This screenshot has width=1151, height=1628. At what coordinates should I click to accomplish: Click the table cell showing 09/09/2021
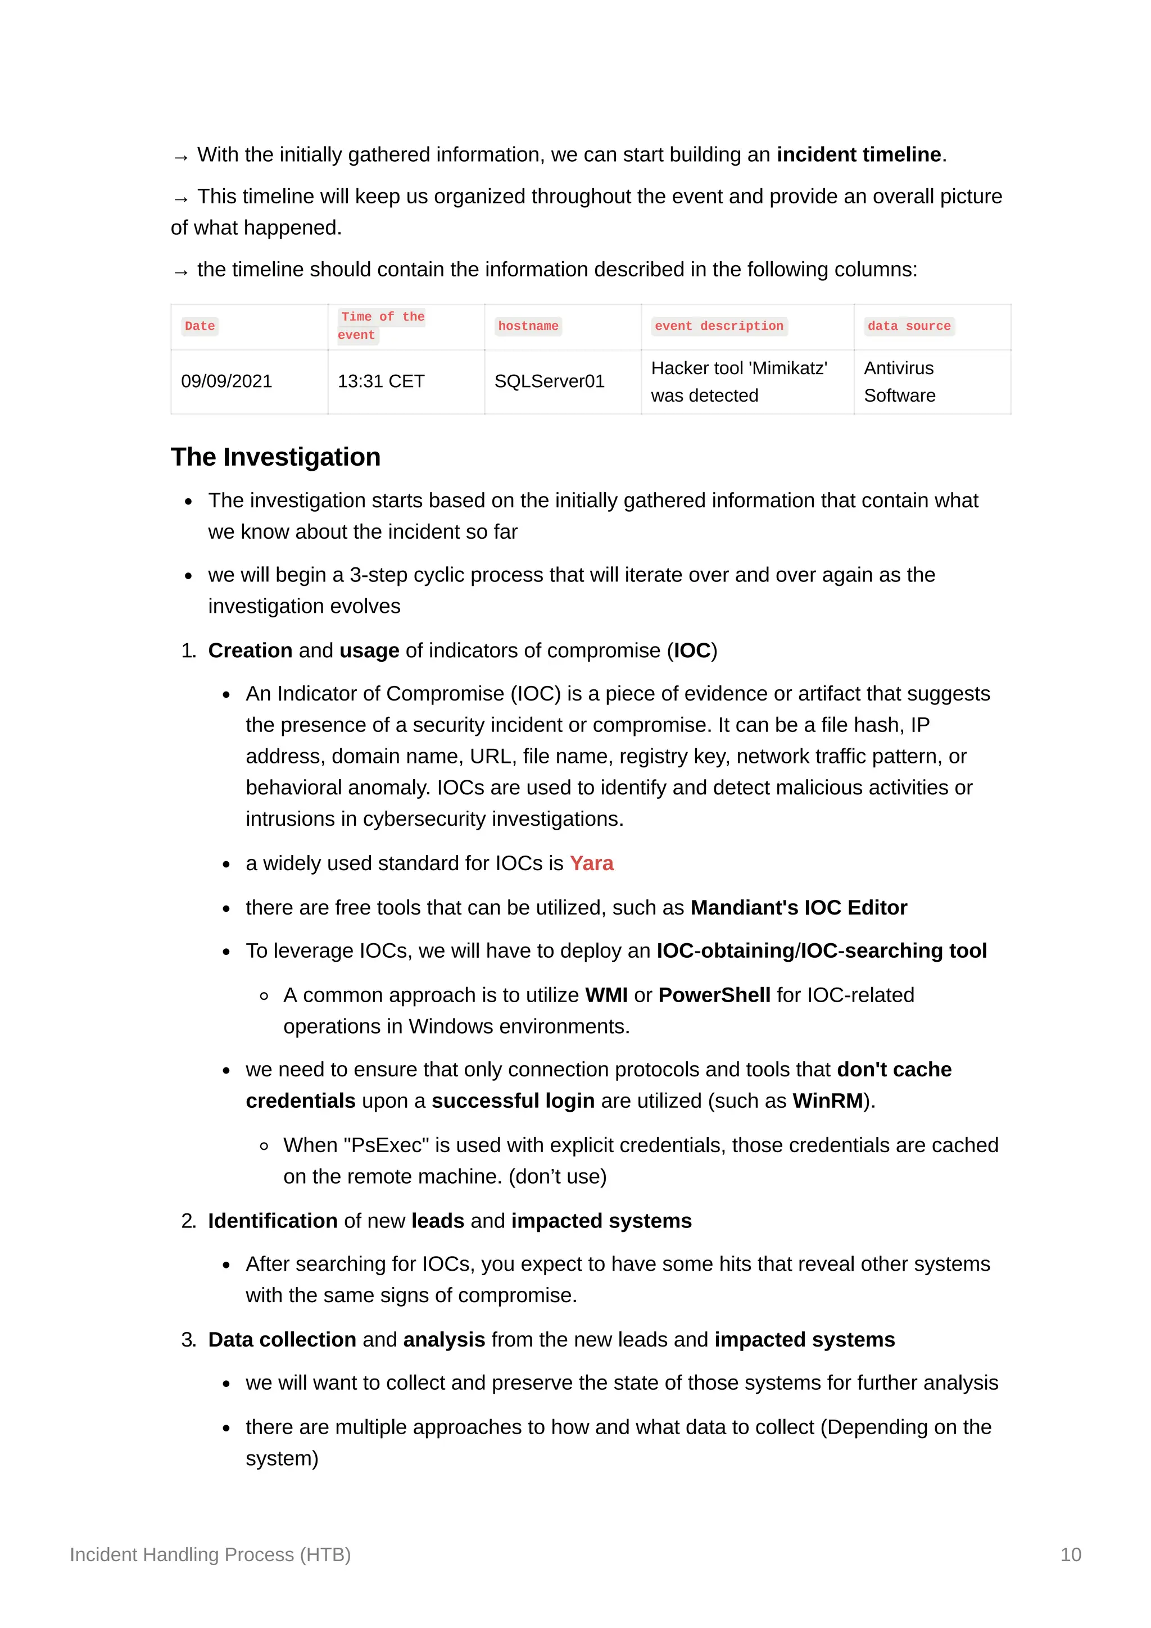click(226, 381)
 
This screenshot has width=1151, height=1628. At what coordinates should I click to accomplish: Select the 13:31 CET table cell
click(381, 381)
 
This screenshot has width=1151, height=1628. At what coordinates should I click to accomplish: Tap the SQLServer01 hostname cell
click(549, 381)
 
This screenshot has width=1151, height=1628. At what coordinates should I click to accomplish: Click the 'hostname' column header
click(528, 326)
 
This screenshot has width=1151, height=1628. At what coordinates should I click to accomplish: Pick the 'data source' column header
click(908, 326)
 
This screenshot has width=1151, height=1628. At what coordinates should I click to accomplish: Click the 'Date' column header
click(200, 326)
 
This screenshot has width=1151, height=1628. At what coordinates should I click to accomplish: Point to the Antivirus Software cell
click(899, 381)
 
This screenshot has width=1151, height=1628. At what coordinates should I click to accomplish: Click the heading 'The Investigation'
click(275, 457)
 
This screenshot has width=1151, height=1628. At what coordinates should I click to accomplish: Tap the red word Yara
click(591, 863)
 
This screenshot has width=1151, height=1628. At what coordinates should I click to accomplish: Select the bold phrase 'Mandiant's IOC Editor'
click(799, 908)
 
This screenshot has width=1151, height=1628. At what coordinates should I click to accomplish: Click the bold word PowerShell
click(714, 995)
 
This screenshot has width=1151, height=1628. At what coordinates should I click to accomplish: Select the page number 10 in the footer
click(1070, 1554)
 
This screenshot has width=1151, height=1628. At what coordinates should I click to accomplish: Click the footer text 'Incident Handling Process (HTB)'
click(210, 1554)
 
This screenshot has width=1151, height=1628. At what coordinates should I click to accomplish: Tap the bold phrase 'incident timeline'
click(858, 154)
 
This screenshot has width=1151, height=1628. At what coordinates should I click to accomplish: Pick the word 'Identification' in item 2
click(273, 1221)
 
